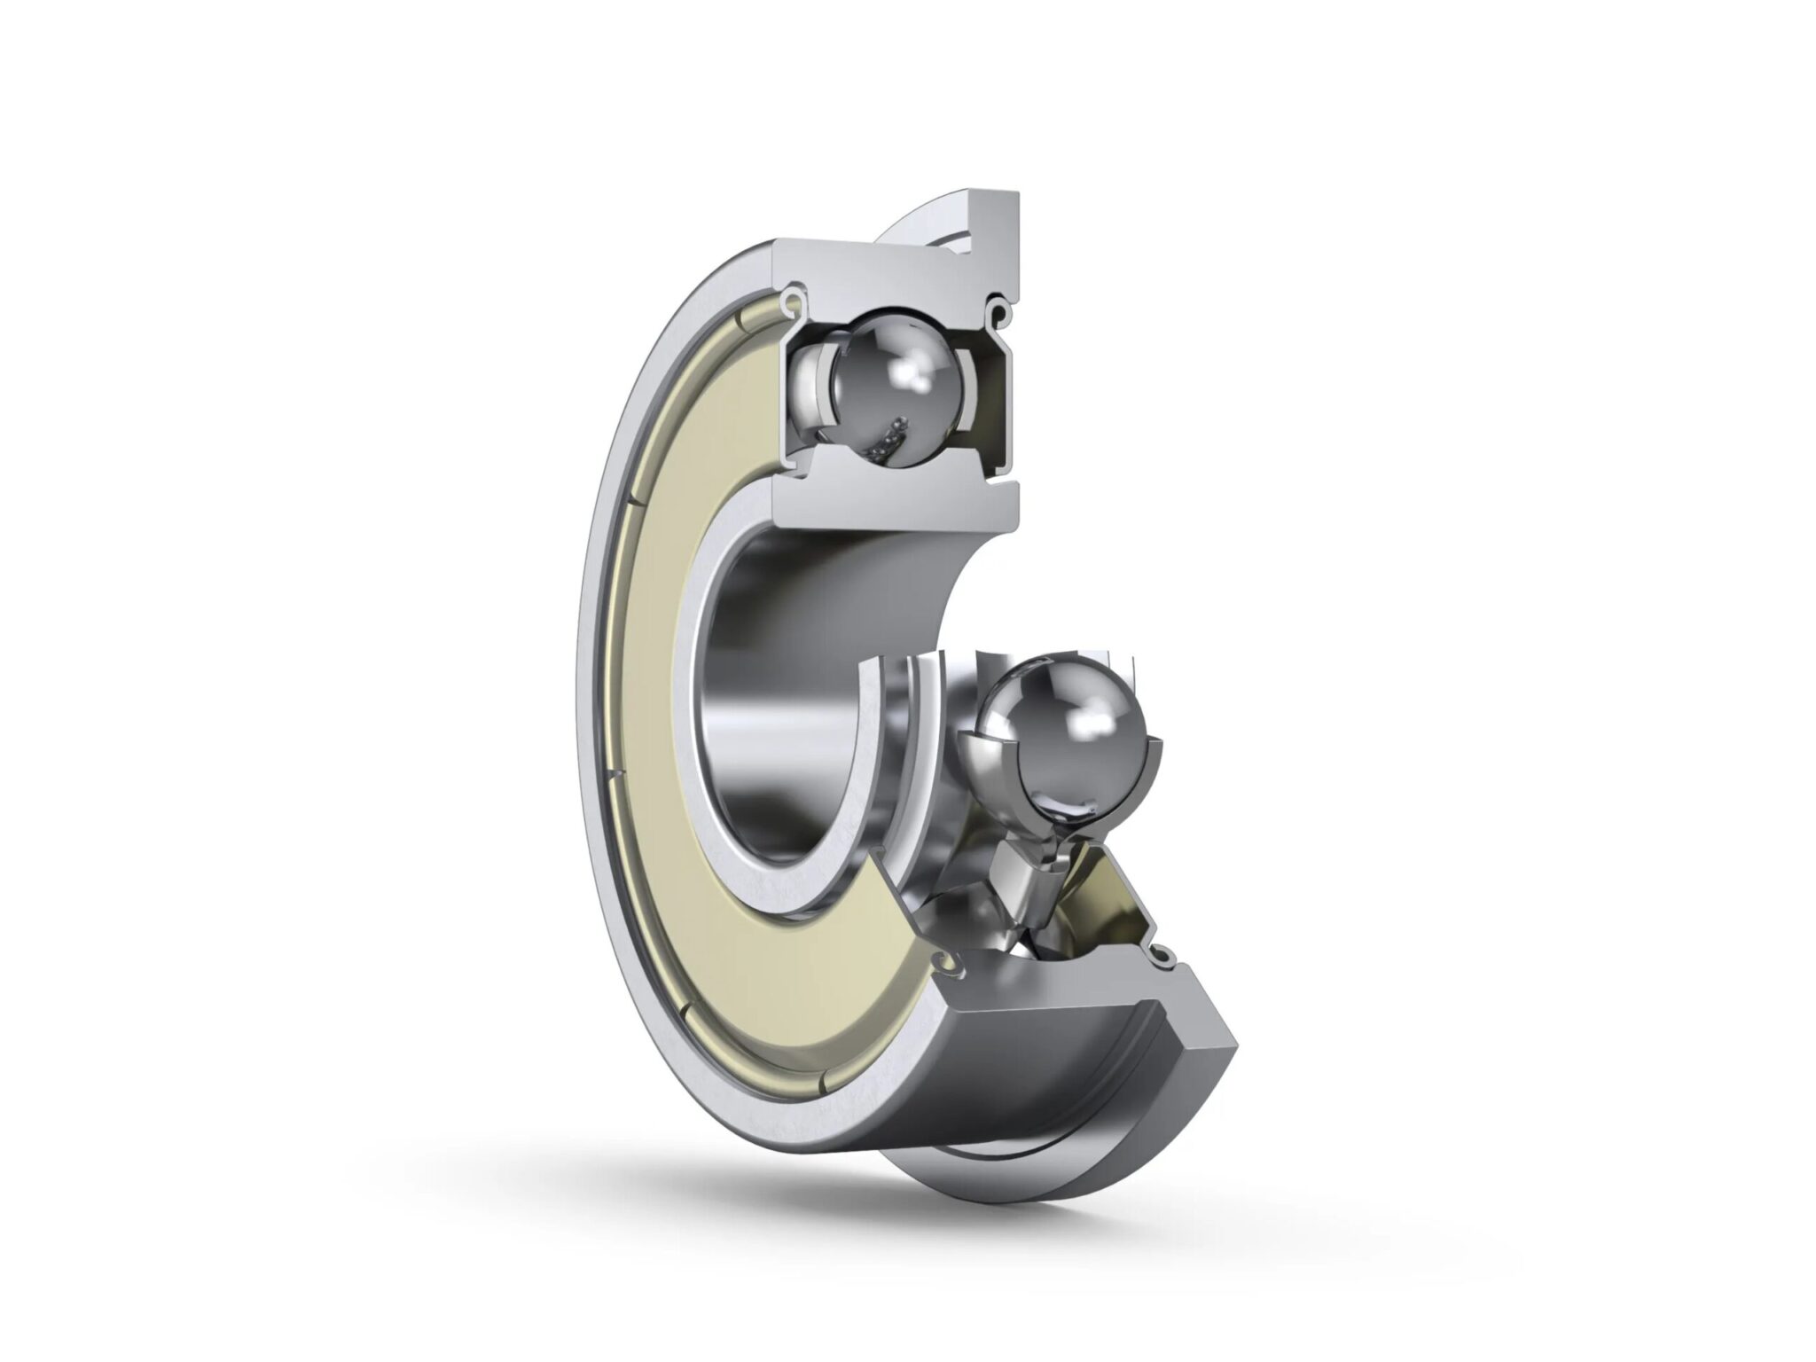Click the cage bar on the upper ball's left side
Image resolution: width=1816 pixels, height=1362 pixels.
click(811, 390)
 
